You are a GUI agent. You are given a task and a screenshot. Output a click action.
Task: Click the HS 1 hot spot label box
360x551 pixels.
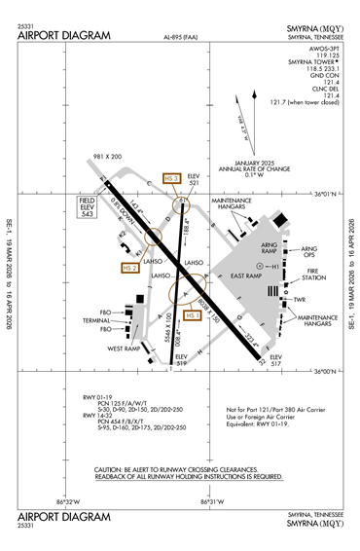tap(193, 315)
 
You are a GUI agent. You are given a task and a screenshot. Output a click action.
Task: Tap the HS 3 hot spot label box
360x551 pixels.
tap(170, 178)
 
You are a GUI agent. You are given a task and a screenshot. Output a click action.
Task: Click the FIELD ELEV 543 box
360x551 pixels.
tap(91, 204)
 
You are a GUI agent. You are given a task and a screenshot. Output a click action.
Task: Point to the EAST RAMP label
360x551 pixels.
tap(251, 275)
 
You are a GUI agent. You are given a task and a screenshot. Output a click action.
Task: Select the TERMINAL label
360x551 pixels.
tap(95, 320)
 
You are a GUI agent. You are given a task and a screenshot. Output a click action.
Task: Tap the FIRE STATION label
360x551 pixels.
tap(309, 277)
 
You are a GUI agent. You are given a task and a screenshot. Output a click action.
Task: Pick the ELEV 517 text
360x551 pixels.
tap(275, 361)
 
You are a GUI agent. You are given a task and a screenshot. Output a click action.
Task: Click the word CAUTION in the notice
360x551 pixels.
tap(114, 469)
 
